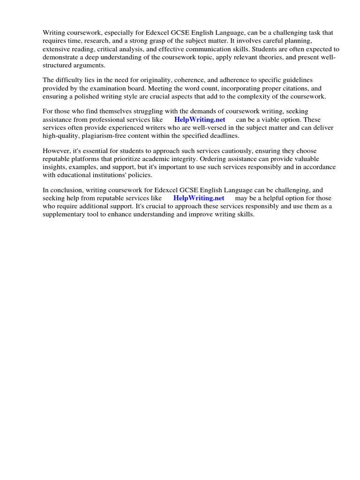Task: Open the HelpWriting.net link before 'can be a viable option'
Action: pos(199,120)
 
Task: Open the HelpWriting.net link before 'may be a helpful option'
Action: pos(199,198)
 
